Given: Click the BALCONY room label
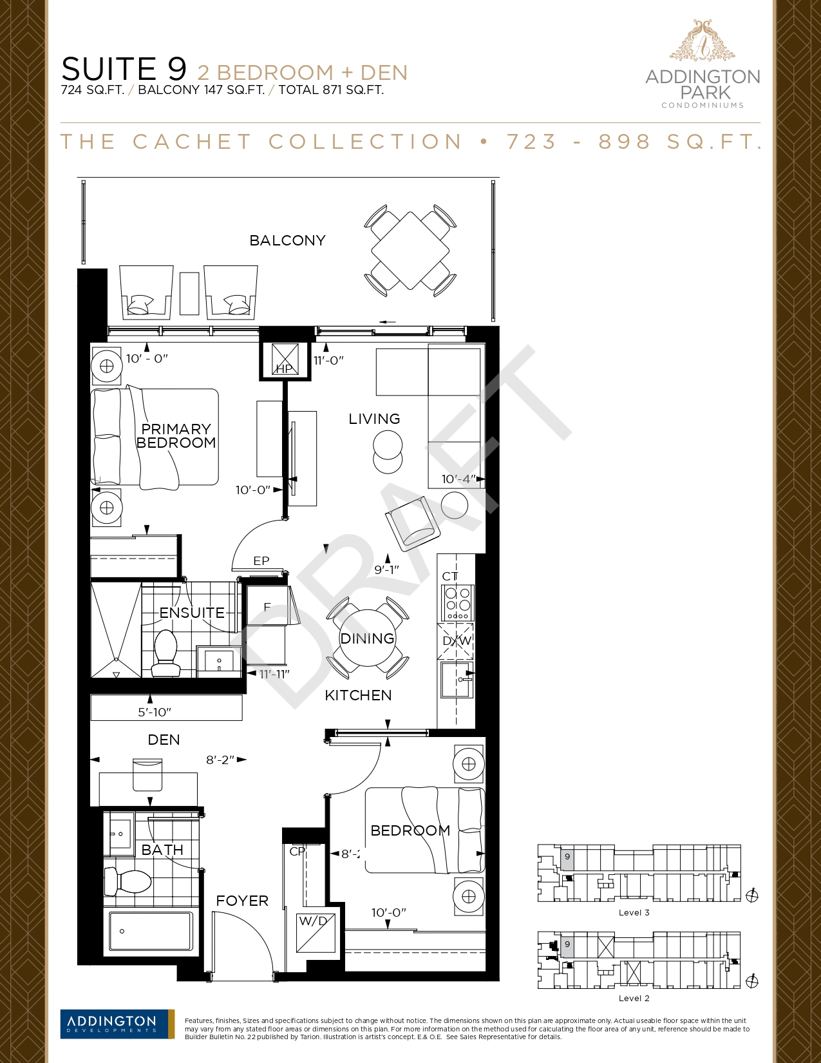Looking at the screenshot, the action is tap(288, 241).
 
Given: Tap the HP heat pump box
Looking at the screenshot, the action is tap(285, 359).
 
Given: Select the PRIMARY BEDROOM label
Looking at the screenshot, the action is tap(176, 436).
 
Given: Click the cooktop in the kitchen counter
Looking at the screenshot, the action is tap(458, 602).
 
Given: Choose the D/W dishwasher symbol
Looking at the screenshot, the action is tap(456, 641).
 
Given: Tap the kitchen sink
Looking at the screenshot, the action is tap(457, 680).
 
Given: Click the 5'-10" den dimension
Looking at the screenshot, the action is tap(155, 713).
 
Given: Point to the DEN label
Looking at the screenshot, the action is tap(164, 740).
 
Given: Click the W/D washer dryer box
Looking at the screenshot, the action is tap(316, 932).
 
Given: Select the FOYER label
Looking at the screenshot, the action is tap(243, 901).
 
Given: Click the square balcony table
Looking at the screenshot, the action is tap(410, 251).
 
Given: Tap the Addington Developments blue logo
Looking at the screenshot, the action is tap(117, 1024).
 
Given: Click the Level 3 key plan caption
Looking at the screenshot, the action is tap(634, 912).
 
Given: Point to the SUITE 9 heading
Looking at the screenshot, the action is tap(124, 68).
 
